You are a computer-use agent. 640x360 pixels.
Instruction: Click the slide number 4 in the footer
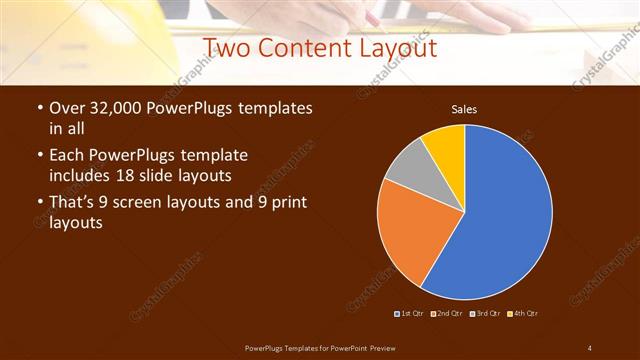pos(589,347)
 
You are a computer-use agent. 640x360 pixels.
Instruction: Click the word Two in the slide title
pos(228,47)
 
